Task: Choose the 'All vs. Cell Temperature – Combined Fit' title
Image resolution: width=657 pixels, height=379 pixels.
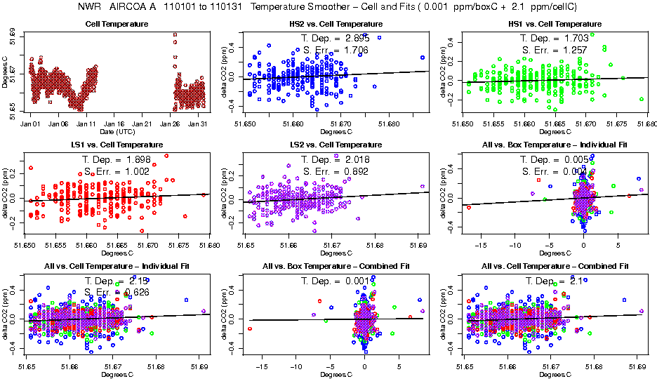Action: [x=554, y=266]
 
